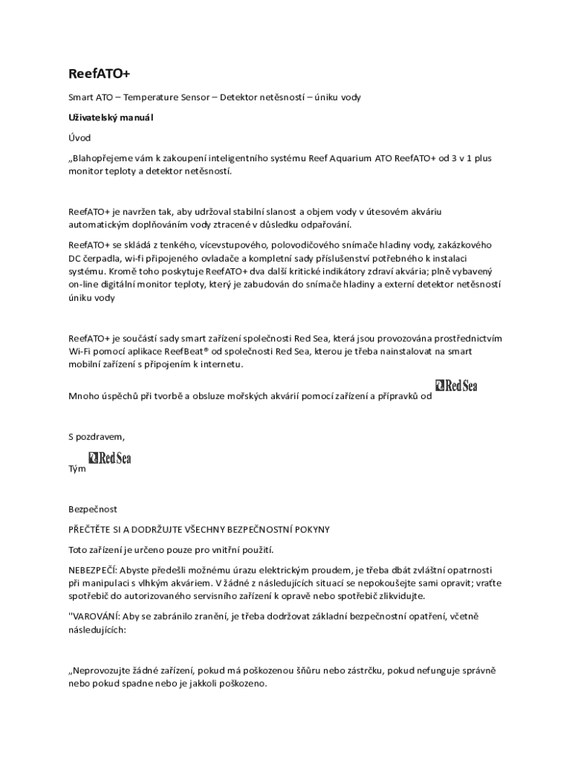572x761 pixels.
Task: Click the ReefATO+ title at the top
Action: point(99,74)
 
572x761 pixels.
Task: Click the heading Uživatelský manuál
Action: point(111,117)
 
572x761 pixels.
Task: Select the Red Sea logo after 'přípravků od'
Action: point(456,386)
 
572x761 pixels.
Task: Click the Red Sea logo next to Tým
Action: point(110,458)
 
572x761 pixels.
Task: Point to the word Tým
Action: point(77,469)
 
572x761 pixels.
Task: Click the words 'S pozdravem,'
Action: point(97,436)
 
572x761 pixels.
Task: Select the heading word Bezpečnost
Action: point(93,509)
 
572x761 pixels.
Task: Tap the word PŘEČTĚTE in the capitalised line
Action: point(92,529)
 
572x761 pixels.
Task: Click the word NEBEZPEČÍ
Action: point(93,570)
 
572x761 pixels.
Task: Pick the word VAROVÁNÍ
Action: point(96,616)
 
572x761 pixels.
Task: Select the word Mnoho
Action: point(83,395)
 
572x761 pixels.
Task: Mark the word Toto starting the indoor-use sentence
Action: point(79,550)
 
